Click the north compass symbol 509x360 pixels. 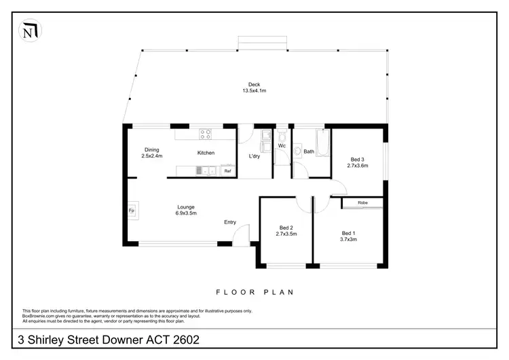tap(29, 29)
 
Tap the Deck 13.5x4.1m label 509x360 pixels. tap(254, 88)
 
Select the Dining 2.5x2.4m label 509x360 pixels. tap(151, 153)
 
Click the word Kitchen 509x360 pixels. tap(206, 153)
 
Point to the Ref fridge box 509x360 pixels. tap(227, 171)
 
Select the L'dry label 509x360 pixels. tap(254, 156)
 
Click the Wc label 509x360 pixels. tap(282, 145)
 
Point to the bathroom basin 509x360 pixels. tap(297, 151)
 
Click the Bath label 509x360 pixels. tap(309, 151)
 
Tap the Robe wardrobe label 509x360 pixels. tap(362, 202)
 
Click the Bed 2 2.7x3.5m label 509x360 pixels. tap(286, 231)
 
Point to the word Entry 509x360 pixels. tap(231, 222)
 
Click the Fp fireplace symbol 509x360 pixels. tap(132, 211)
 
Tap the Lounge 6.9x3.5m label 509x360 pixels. tap(186, 211)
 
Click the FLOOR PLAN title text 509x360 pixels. tap(254, 293)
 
